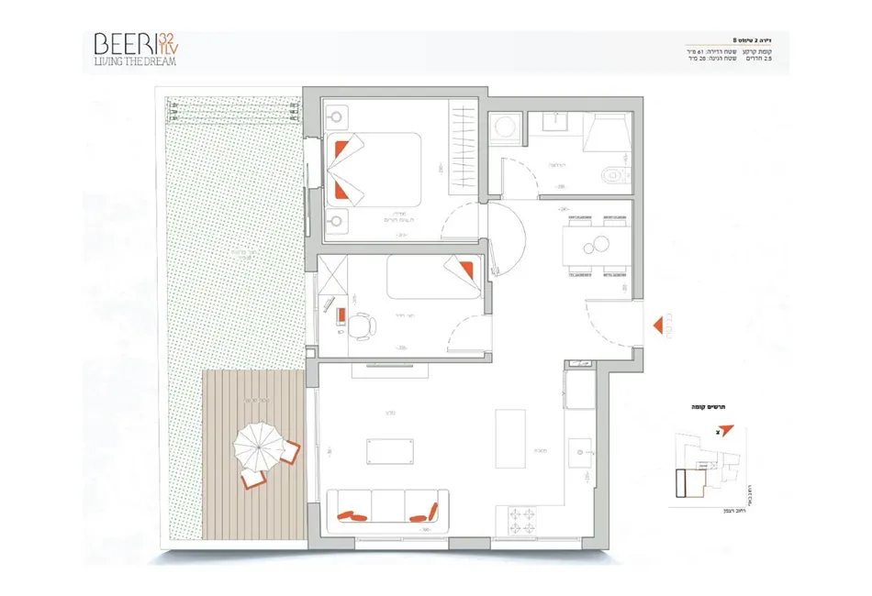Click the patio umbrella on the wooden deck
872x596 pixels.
pos(258,447)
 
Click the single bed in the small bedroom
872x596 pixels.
pos(433,277)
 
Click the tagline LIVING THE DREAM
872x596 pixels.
pos(134,61)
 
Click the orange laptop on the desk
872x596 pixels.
pos(341,316)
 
